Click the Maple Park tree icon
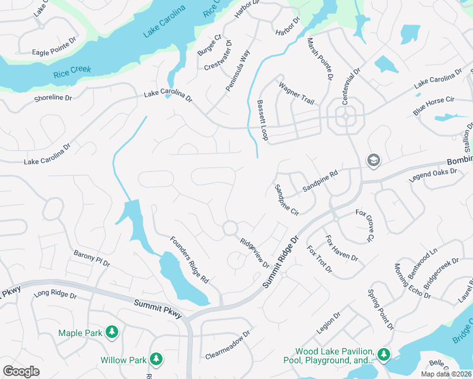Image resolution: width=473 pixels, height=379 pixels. (111, 332)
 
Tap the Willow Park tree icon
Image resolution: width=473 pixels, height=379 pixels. (156, 360)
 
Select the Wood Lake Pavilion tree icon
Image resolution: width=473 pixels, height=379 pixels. (384, 354)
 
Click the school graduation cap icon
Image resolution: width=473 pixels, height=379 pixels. (373, 161)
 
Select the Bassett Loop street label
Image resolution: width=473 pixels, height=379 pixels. (262, 119)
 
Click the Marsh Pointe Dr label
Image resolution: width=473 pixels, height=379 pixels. (320, 59)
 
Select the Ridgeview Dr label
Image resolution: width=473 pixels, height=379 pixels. (255, 253)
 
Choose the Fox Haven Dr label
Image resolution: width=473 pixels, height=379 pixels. (341, 249)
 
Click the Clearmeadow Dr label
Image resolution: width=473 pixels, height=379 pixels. (228, 344)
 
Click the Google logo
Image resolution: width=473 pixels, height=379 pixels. (21, 371)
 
